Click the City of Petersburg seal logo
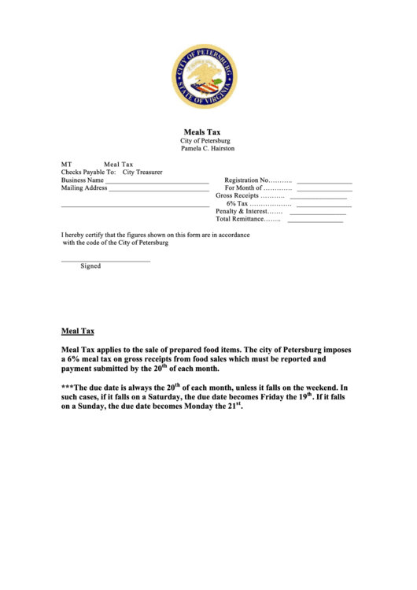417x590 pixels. [x=203, y=76]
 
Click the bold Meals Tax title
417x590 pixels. [x=202, y=132]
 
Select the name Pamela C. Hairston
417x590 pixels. [x=208, y=148]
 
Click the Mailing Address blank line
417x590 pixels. [x=158, y=191]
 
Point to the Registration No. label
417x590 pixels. [x=258, y=180]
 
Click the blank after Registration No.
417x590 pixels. [x=324, y=182]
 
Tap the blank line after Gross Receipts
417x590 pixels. [x=318, y=198]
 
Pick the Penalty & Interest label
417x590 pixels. [x=249, y=212]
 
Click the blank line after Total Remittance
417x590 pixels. [x=315, y=221]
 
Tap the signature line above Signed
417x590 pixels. [x=105, y=261]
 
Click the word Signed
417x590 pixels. [x=90, y=266]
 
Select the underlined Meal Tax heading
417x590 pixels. [x=78, y=332]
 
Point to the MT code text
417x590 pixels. [x=67, y=164]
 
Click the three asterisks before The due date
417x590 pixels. [x=67, y=388]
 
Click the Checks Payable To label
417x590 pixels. [x=88, y=172]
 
